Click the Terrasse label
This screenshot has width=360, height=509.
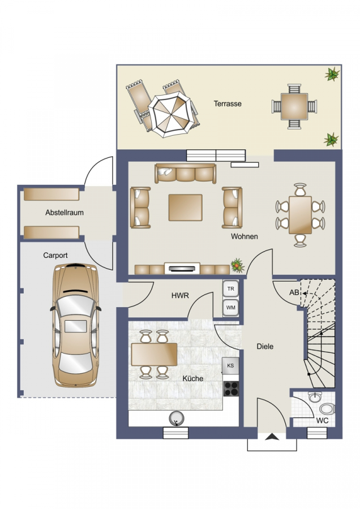pyautogui.click(x=228, y=104)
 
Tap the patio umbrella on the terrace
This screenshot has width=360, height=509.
pyautogui.click(x=170, y=114)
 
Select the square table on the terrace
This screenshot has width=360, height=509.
pyautogui.click(x=294, y=106)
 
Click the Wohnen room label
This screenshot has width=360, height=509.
pyautogui.click(x=245, y=236)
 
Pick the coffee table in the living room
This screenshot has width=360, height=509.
pyautogui.click(x=185, y=208)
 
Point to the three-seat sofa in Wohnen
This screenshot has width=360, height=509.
pyautogui.click(x=186, y=174)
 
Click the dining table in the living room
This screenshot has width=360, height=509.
pyautogui.click(x=300, y=215)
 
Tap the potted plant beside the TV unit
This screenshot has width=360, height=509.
pyautogui.click(x=238, y=266)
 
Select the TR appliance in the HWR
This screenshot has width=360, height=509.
pyautogui.click(x=231, y=288)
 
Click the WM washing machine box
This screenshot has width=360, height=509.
pyautogui.click(x=231, y=308)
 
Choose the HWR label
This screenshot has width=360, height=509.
pyautogui.click(x=180, y=296)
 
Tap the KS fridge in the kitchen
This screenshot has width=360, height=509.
pyautogui.click(x=230, y=365)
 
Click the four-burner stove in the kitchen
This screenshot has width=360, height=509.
pyautogui.click(x=231, y=389)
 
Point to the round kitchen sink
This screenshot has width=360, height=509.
pyautogui.click(x=177, y=419)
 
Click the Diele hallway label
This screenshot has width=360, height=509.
pyautogui.click(x=265, y=346)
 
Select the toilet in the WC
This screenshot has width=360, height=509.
pyautogui.click(x=327, y=409)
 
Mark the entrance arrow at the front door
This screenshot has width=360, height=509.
pyautogui.click(x=272, y=437)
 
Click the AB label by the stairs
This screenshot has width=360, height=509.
pyautogui.click(x=294, y=292)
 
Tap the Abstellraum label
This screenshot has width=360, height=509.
pyautogui.click(x=65, y=213)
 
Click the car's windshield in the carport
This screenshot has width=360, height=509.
pyautogui.click(x=76, y=305)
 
